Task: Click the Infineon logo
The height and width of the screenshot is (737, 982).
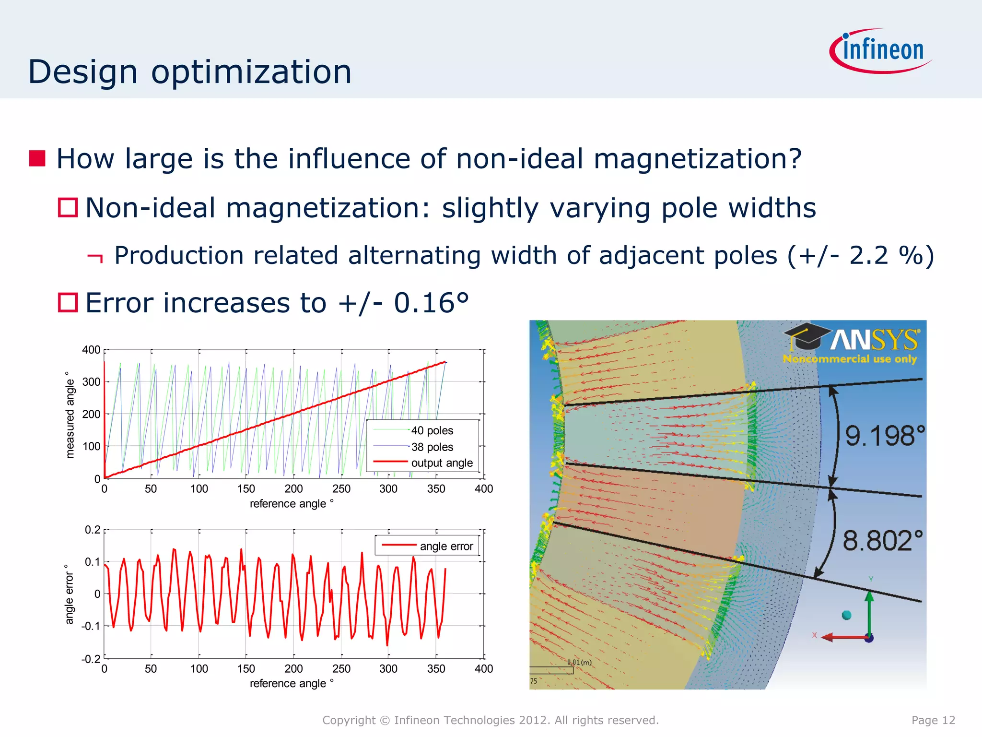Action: [x=881, y=50]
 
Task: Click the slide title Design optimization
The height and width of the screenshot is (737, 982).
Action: [x=190, y=72]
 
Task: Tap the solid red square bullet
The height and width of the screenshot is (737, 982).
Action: [x=37, y=158]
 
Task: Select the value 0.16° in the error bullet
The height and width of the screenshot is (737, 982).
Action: [x=431, y=303]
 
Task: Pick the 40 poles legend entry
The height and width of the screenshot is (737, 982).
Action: [x=432, y=430]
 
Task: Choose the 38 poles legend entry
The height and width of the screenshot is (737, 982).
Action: [x=432, y=447]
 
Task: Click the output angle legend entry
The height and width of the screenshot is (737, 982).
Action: [x=442, y=463]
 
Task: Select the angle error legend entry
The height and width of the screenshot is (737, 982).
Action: [x=446, y=546]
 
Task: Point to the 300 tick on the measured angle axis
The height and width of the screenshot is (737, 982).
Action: [x=91, y=382]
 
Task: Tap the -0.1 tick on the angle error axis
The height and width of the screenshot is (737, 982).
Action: [x=91, y=626]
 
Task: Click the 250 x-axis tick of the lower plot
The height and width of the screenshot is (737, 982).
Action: [x=341, y=668]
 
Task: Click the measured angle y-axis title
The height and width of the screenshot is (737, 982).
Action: [x=70, y=415]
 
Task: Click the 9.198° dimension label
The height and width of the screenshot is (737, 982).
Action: [x=884, y=436]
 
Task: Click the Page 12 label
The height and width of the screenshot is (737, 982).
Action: [x=933, y=720]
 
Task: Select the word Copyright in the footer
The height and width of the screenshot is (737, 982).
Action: [x=349, y=720]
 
